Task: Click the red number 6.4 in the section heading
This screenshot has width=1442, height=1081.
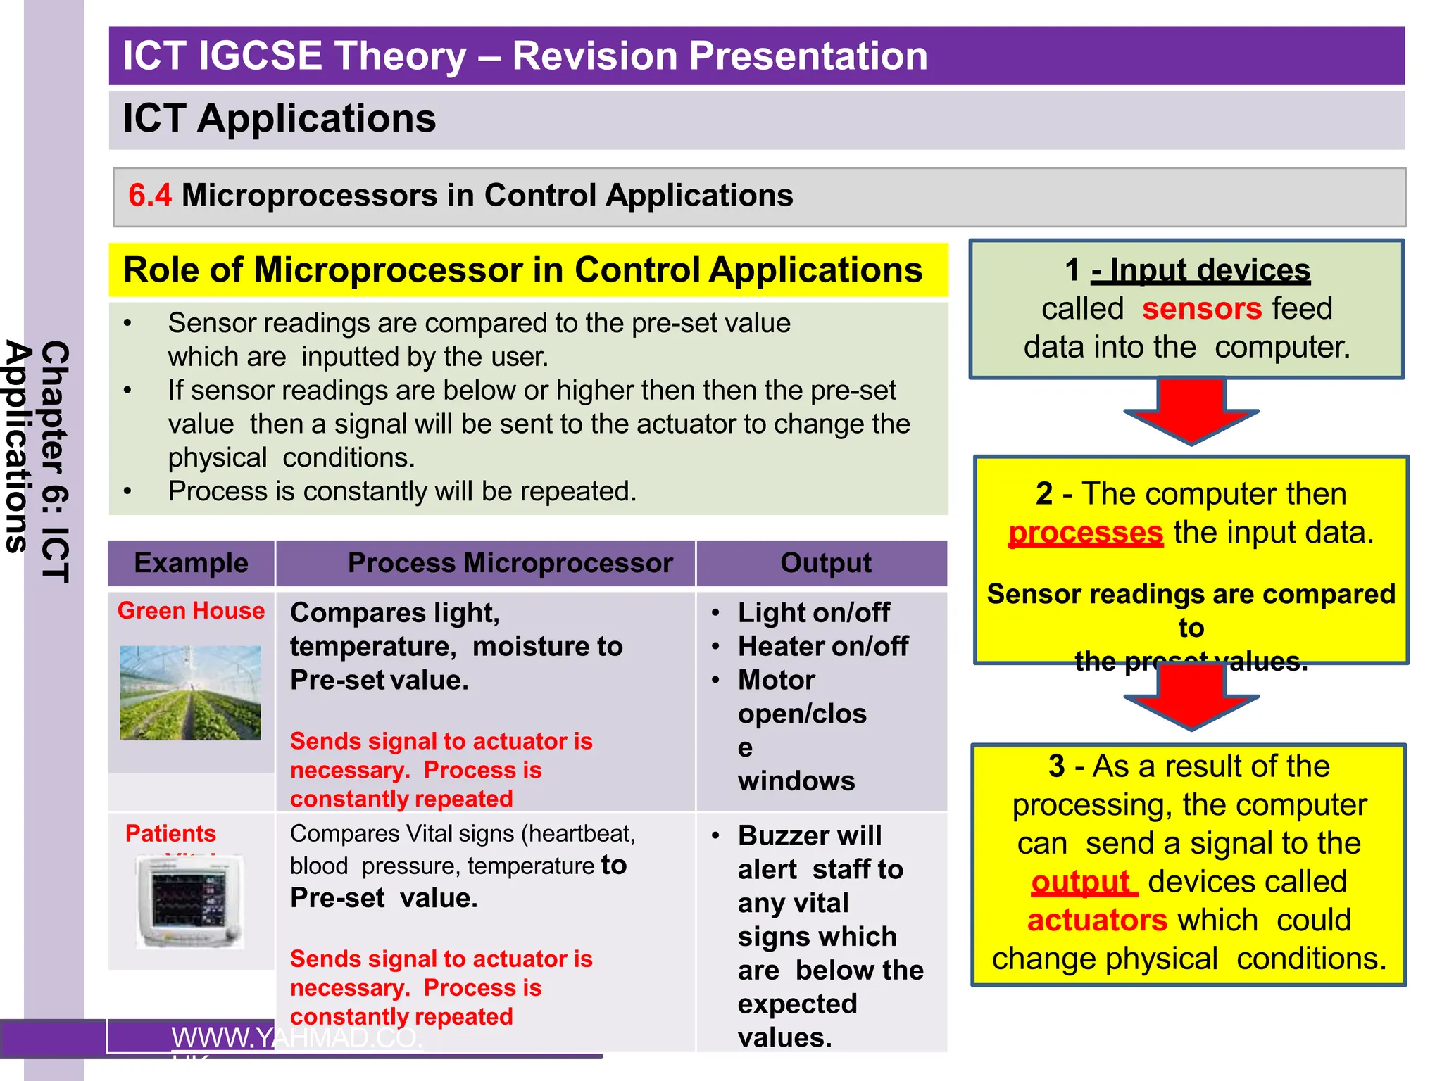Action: tap(149, 196)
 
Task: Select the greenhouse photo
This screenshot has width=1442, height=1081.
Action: tap(190, 693)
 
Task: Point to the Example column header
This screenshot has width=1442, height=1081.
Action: tap(191, 563)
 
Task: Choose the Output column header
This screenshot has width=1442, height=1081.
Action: tap(825, 563)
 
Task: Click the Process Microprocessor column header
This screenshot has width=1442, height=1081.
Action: tap(510, 563)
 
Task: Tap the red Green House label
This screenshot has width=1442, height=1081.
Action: tap(191, 610)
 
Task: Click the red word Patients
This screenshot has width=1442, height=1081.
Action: tap(170, 833)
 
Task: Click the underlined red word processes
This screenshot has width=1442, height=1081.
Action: tap(1085, 533)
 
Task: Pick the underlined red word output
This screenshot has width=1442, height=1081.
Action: tap(1082, 882)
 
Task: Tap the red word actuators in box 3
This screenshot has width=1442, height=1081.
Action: tap(1097, 921)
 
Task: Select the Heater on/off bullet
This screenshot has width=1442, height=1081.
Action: tap(822, 646)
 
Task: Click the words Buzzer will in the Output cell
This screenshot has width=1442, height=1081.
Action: tap(810, 836)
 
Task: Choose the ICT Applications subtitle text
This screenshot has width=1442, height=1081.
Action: tap(279, 118)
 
